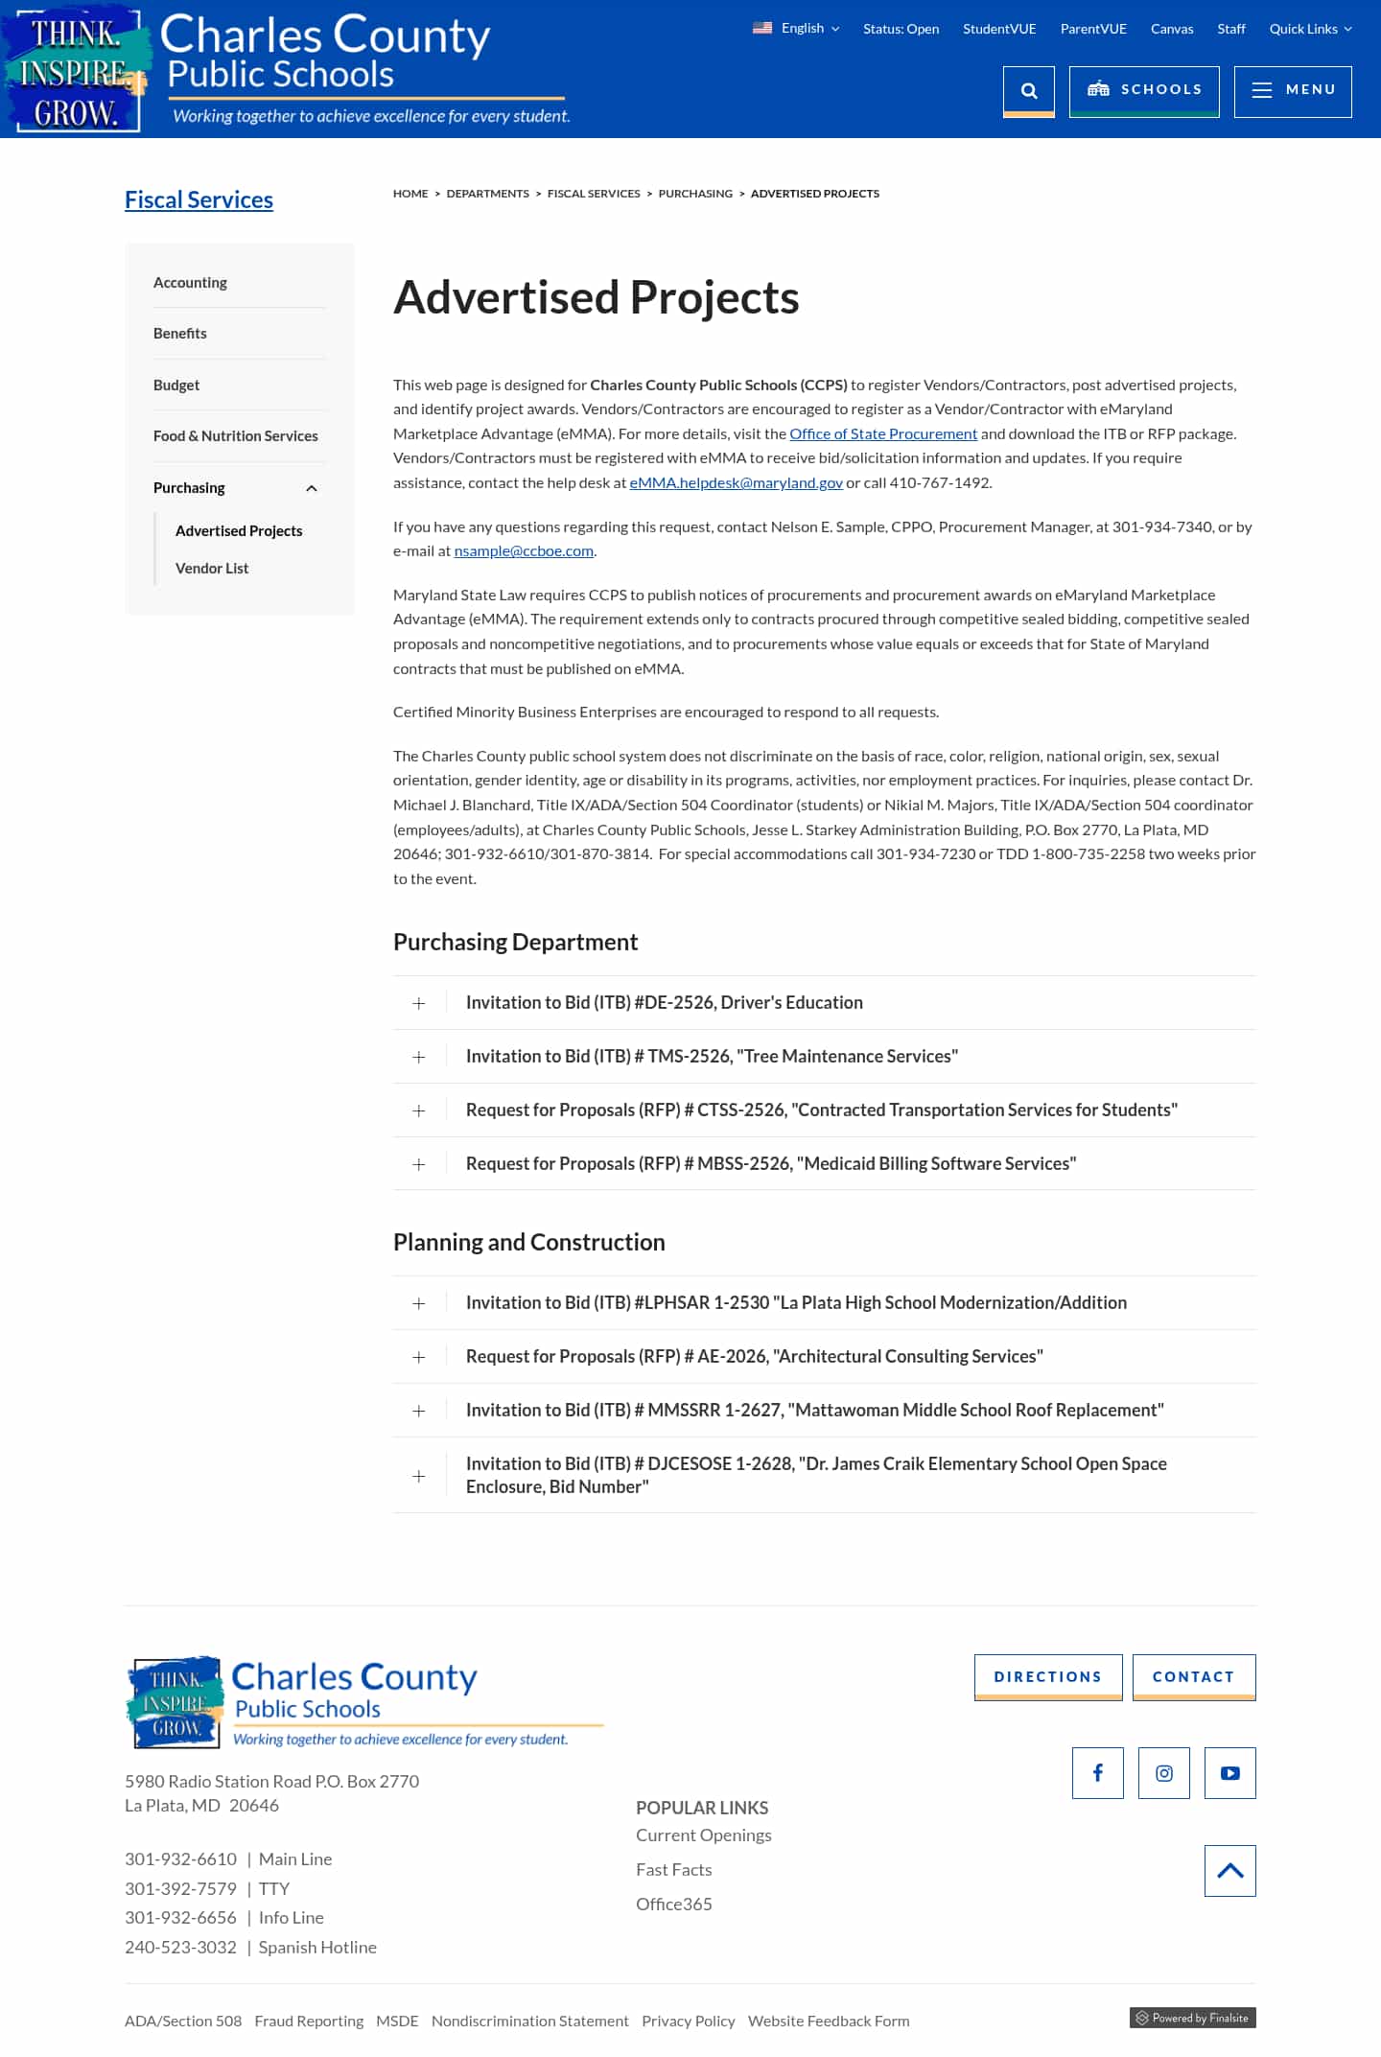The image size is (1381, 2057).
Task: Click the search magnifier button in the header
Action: click(1028, 91)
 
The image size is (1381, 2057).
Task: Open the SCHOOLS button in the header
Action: click(1143, 91)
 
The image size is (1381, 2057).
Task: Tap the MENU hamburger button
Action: click(1292, 91)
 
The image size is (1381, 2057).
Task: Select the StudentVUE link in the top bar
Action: click(999, 29)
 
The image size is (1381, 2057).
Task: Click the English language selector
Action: click(796, 29)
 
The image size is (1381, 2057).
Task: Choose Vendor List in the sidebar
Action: click(212, 569)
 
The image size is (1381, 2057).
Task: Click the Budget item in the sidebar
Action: click(176, 386)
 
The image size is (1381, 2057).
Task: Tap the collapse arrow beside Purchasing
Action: click(312, 489)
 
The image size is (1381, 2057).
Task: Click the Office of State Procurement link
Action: click(883, 434)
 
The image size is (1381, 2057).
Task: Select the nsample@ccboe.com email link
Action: click(524, 551)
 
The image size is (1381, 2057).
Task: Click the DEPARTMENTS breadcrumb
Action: click(487, 194)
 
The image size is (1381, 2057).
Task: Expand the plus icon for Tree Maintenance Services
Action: click(419, 1058)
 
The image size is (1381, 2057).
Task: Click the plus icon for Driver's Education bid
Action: click(419, 1004)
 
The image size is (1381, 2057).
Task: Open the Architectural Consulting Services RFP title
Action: click(754, 1357)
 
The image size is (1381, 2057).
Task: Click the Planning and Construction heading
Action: click(528, 1243)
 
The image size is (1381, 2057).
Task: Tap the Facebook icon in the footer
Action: click(1097, 1773)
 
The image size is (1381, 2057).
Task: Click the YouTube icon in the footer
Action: click(1229, 1773)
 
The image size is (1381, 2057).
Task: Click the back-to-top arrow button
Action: click(1229, 1871)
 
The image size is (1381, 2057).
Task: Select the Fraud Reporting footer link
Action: click(309, 2022)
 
